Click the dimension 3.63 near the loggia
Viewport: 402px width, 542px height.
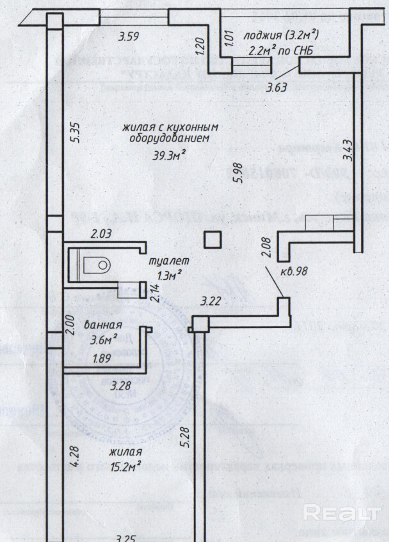(x=277, y=88)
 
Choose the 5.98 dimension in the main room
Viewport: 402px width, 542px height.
(x=239, y=172)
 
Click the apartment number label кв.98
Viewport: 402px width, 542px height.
(x=294, y=270)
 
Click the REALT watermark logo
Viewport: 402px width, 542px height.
(x=341, y=513)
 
